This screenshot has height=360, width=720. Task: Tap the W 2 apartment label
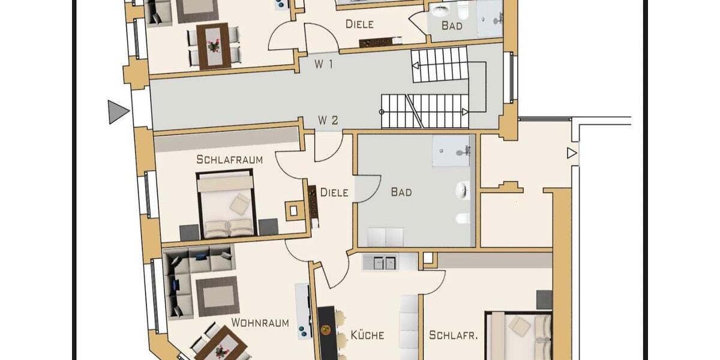click(328, 121)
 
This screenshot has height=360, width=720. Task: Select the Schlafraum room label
click(229, 160)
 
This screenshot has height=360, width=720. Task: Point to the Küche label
click(367, 335)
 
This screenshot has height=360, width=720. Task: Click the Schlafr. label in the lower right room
click(453, 335)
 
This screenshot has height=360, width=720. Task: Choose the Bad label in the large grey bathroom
click(401, 192)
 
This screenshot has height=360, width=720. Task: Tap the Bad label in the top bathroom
click(452, 25)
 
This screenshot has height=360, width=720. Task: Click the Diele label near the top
click(359, 25)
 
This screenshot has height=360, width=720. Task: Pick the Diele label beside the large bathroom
click(334, 193)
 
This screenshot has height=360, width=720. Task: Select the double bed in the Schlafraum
click(226, 204)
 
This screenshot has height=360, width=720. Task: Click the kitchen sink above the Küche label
click(383, 262)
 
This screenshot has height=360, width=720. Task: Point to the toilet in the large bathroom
click(463, 218)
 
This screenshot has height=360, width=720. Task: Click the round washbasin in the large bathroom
click(463, 190)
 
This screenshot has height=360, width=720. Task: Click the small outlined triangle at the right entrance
click(571, 153)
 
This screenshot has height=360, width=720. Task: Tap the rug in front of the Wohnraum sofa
click(217, 295)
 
